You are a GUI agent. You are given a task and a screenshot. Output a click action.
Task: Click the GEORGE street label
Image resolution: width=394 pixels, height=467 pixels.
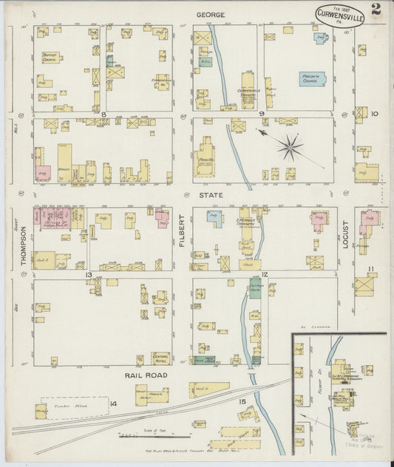coord(211,15)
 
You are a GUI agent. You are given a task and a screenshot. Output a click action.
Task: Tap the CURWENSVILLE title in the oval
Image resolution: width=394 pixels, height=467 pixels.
coord(339,16)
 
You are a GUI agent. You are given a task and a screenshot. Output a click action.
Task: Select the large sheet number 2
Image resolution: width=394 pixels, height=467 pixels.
coord(377,10)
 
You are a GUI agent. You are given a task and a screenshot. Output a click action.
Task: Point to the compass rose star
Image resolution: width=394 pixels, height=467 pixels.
coord(290,146)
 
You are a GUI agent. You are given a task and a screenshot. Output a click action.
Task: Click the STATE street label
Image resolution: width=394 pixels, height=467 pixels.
coord(211,196)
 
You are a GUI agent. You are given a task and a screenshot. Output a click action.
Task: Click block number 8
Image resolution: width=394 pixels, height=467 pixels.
coord(104,115)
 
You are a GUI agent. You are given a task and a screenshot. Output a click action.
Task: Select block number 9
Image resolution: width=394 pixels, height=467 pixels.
coord(262,114)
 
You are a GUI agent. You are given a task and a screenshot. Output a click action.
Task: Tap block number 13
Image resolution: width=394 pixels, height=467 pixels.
coord(89,275)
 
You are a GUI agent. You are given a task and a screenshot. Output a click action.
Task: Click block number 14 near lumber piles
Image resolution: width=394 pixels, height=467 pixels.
coord(112,403)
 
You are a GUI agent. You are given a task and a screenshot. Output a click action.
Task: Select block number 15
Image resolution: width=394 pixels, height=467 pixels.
coord(242,400)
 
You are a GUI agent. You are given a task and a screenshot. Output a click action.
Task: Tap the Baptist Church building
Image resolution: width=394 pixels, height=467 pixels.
coord(50,57)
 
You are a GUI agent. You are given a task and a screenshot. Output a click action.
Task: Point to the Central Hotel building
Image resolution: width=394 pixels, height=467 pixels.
coord(161,358)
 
